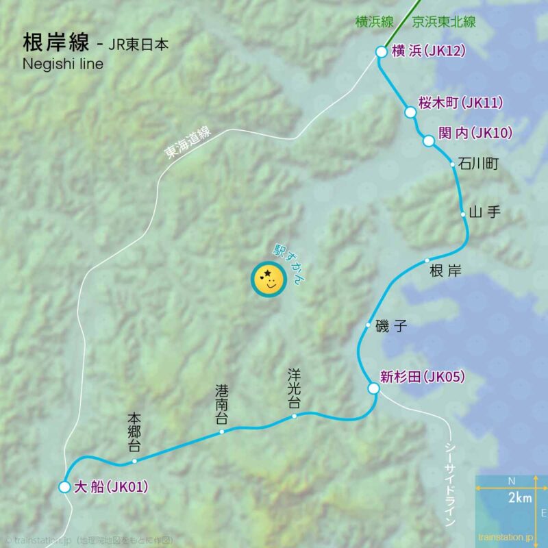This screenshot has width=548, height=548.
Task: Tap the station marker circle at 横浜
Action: point(382,51)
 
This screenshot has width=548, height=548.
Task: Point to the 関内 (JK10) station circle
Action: point(428,141)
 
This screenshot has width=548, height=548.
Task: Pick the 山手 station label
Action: point(485,212)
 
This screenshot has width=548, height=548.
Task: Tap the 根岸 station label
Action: point(445,271)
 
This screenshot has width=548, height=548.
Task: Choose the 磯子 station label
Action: point(392,326)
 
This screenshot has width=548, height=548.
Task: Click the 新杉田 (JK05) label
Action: point(423,376)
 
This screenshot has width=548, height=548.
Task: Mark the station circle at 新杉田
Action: point(373,388)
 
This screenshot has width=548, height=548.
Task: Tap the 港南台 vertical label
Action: point(222,405)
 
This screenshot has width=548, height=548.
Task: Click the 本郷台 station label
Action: point(134,433)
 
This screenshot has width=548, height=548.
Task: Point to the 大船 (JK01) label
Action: point(110,488)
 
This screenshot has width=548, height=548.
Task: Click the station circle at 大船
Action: point(64,487)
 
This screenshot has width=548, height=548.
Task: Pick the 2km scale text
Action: point(520,498)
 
